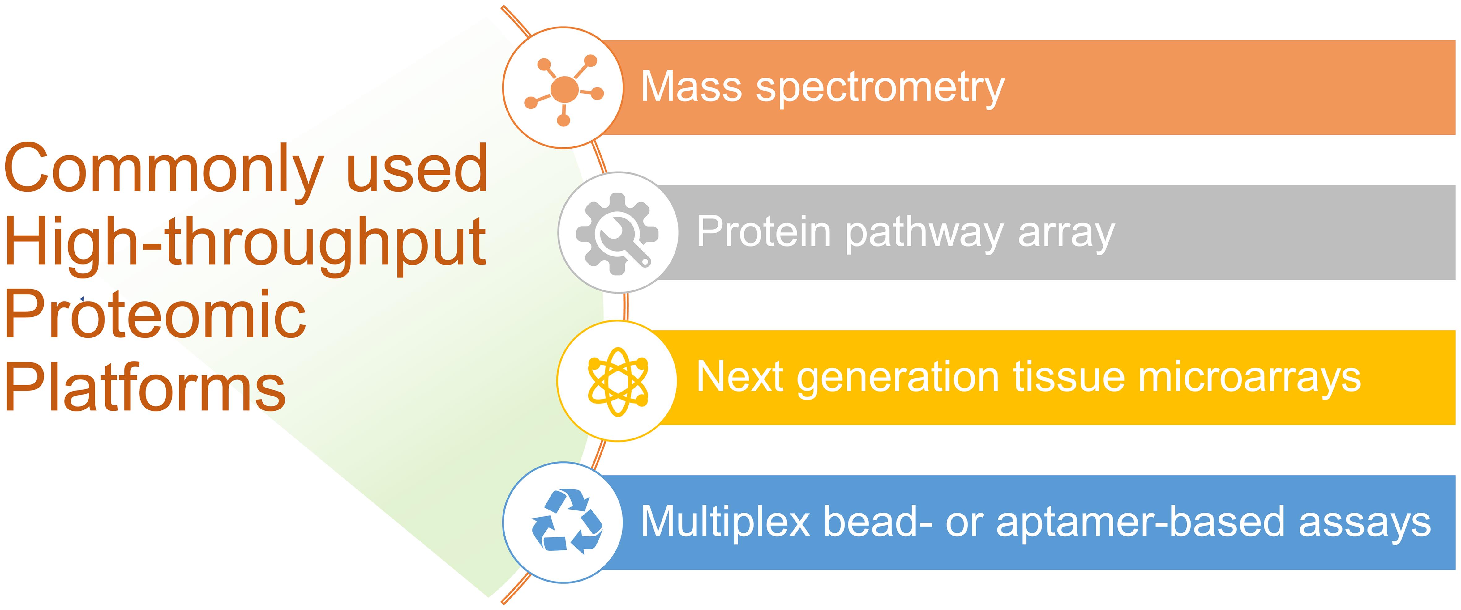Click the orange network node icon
[x=563, y=89]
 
